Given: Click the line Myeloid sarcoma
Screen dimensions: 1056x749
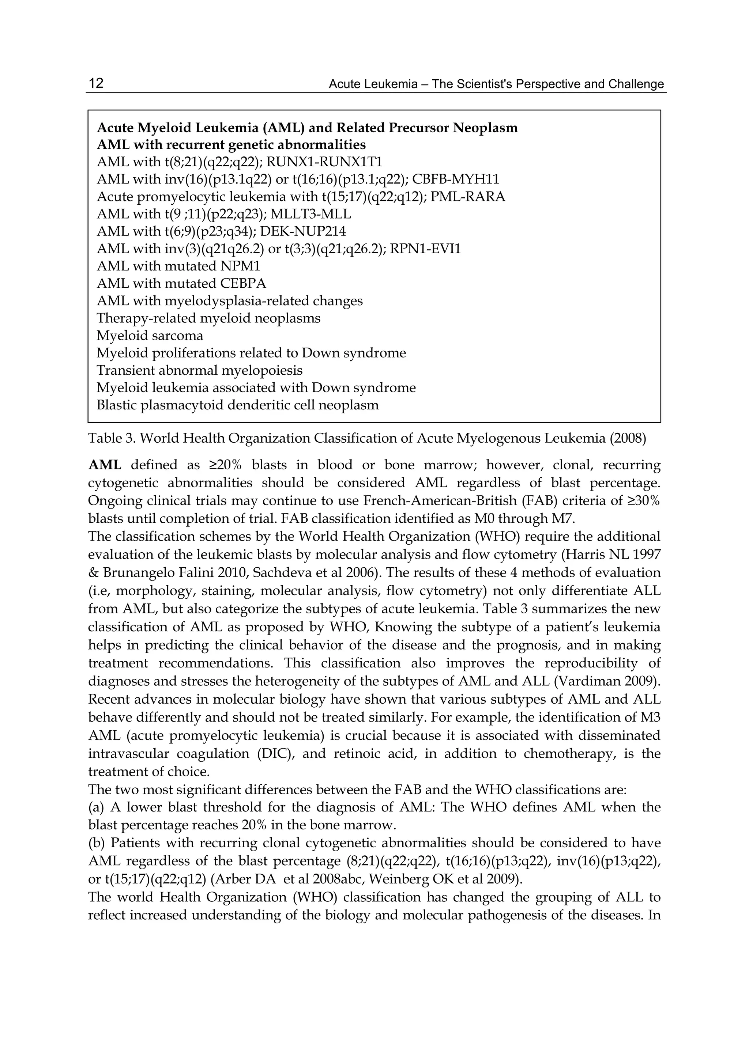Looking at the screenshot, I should click(x=150, y=336).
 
